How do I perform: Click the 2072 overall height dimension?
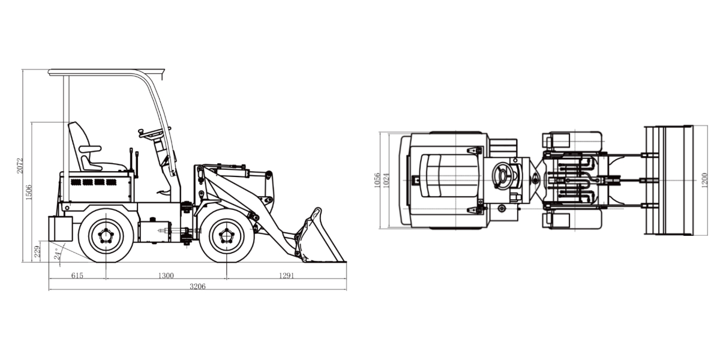20,166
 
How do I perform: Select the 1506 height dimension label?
29,192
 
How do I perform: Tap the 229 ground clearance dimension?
37,251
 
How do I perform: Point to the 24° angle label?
57,254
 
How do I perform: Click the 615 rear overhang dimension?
77,275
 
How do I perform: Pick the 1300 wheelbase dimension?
166,275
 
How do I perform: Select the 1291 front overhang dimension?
286,275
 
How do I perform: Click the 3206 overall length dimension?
197,286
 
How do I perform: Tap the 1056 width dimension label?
377,181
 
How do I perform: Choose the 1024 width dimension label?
386,181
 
